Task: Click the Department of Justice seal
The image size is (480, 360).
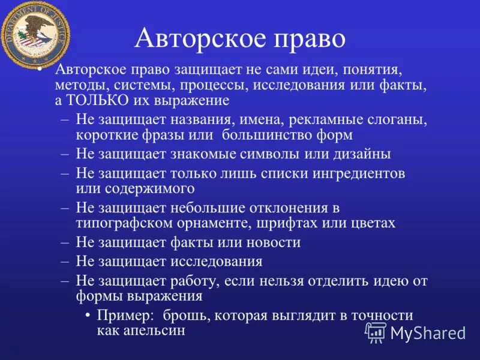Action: pos(34,35)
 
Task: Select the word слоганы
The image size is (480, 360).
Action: pos(395,119)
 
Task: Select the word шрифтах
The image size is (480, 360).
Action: pos(292,223)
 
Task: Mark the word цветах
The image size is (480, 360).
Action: pos(371,223)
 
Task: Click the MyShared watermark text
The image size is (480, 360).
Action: pos(427,333)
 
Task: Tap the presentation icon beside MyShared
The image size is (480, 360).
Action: pos(376,332)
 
